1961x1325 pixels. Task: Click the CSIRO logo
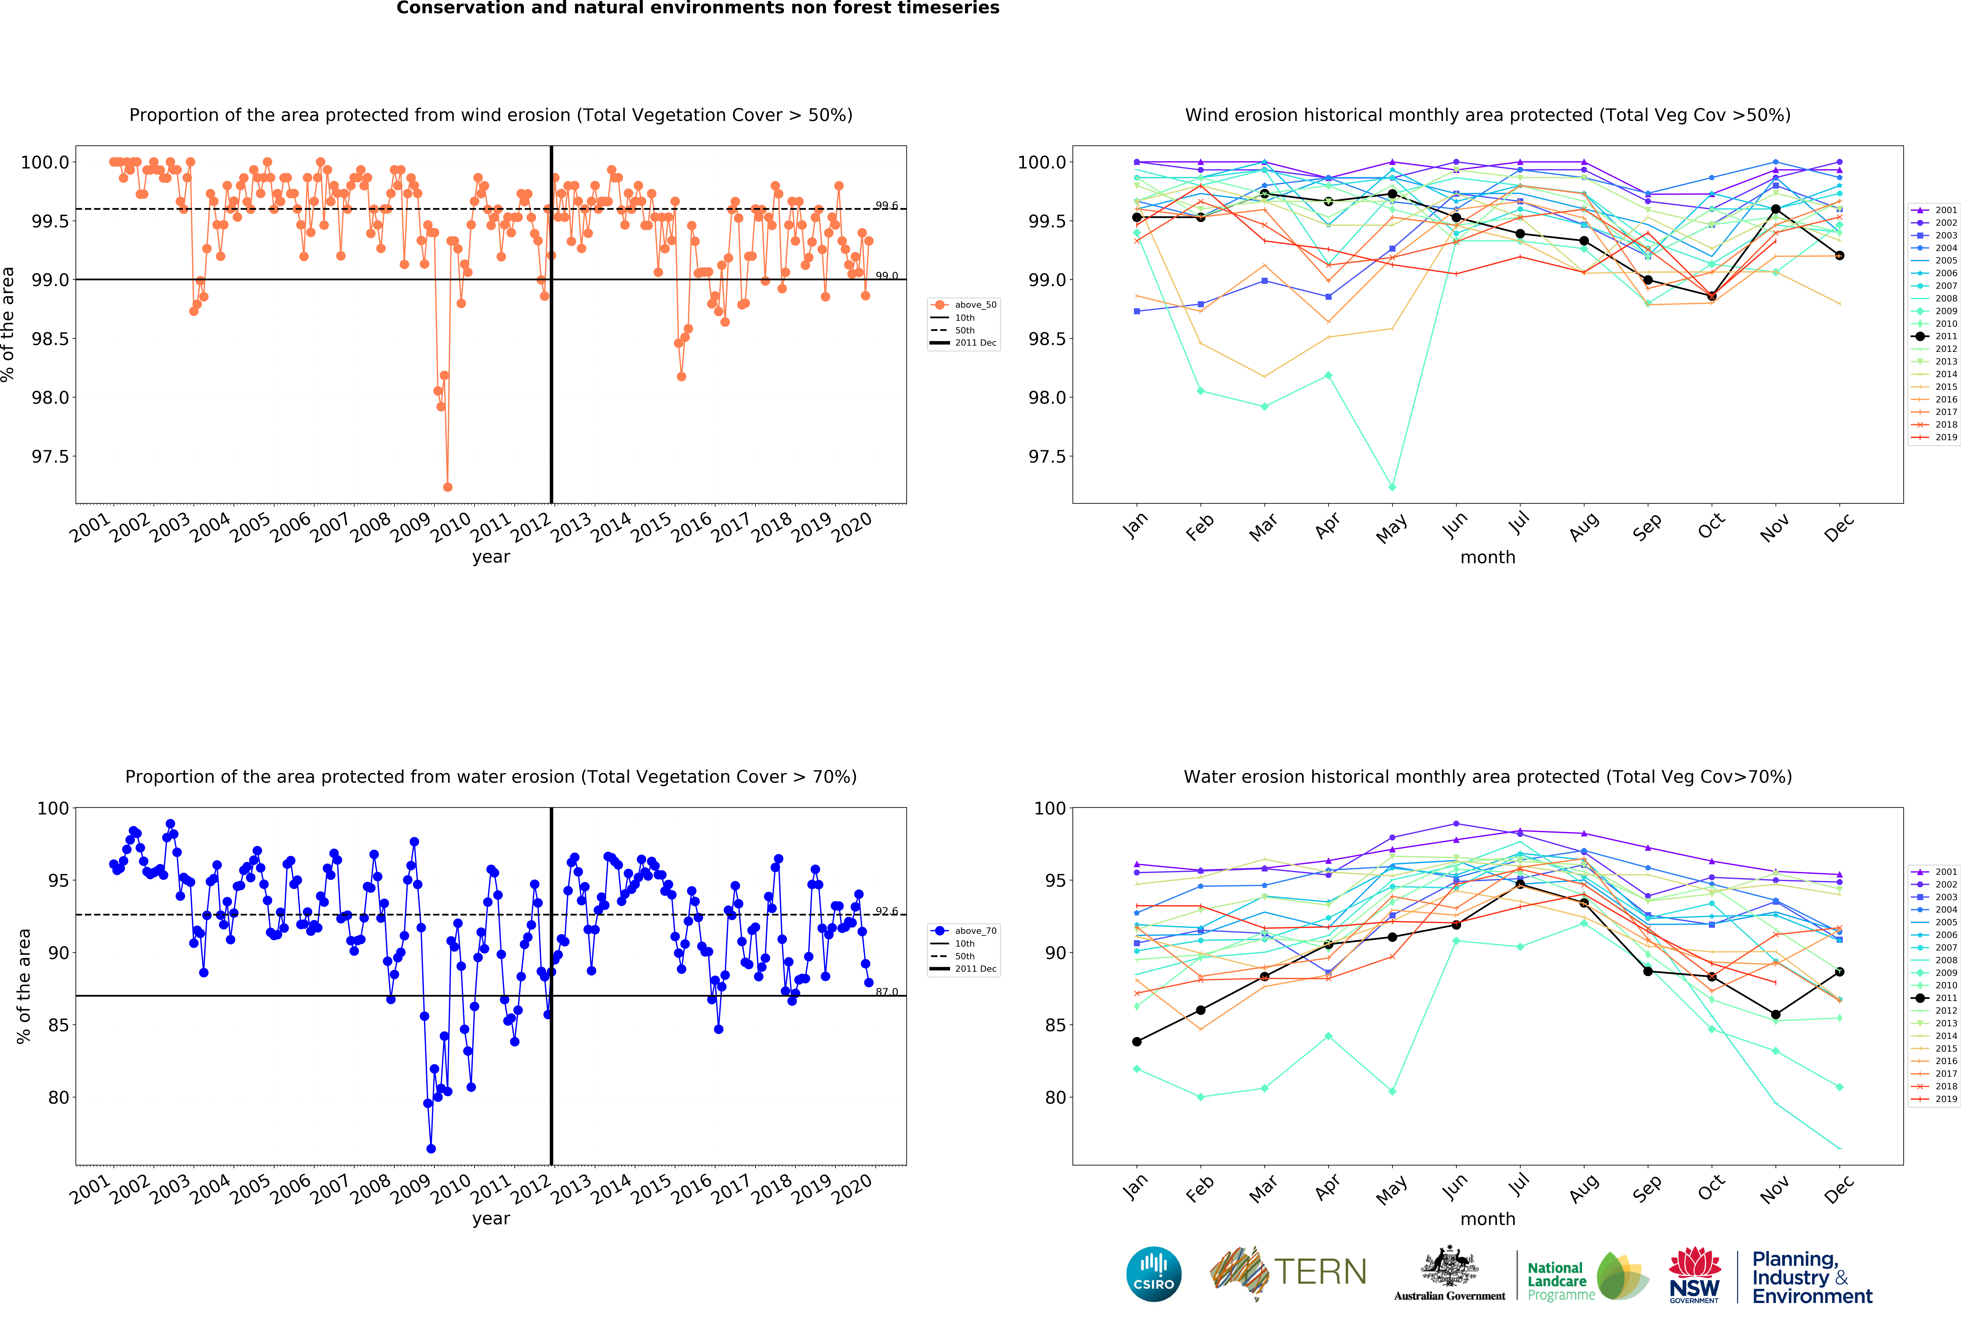(x=1153, y=1274)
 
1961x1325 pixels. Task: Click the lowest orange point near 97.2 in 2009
(x=447, y=487)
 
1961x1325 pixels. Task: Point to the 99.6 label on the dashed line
(x=886, y=205)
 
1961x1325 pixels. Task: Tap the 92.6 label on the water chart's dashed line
(x=886, y=912)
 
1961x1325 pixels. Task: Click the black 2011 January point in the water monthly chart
(x=1137, y=1041)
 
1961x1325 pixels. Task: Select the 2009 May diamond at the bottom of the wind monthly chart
(x=1392, y=487)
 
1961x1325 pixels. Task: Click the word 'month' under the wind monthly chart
(x=1488, y=557)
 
